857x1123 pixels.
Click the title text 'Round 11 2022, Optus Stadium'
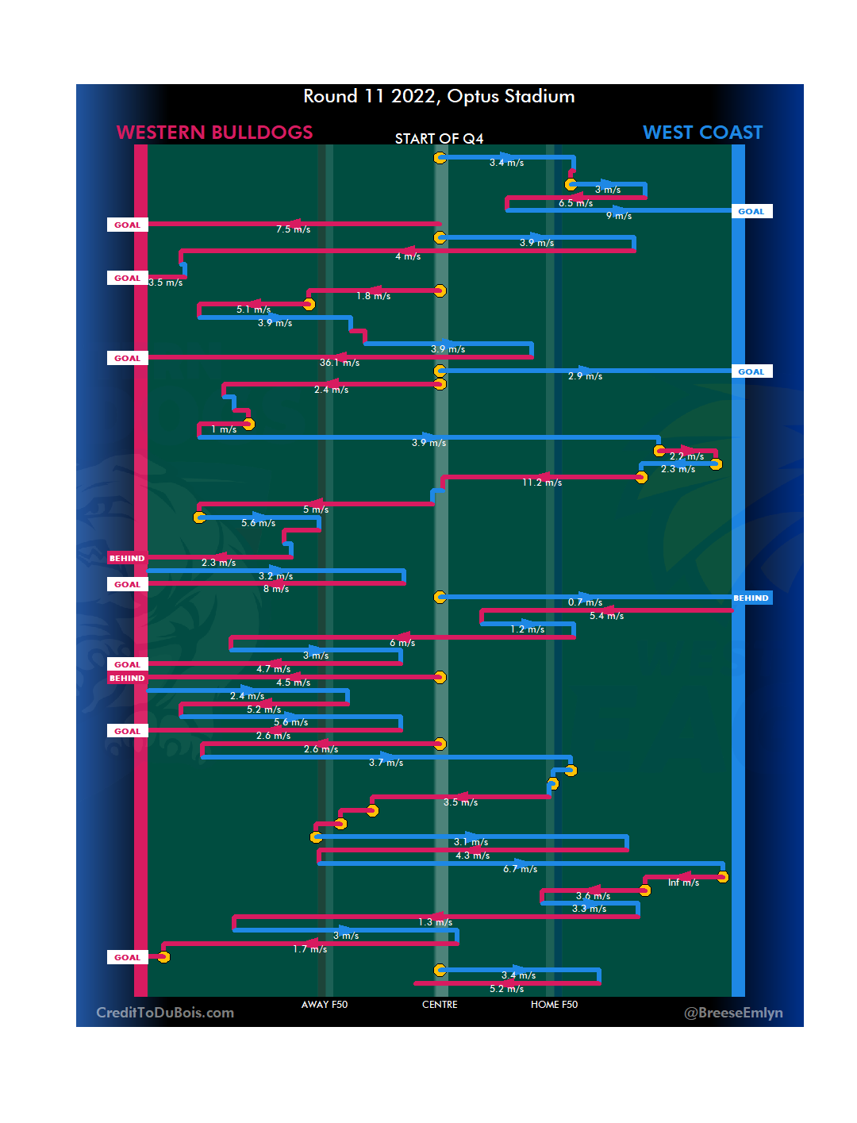click(x=439, y=97)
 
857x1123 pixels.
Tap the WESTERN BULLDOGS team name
click(x=214, y=133)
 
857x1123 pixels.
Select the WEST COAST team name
click(x=702, y=133)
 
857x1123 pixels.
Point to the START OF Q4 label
click(x=439, y=139)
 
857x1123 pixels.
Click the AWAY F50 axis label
click(x=325, y=1005)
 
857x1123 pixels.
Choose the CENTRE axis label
click(x=440, y=1005)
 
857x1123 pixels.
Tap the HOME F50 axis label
click(x=554, y=1005)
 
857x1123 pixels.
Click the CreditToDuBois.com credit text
click(x=165, y=1013)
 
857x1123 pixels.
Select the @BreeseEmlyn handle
click(x=733, y=1013)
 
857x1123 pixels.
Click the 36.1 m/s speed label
click(x=340, y=363)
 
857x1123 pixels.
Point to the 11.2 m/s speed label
click(x=542, y=483)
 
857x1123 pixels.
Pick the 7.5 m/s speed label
click(x=293, y=229)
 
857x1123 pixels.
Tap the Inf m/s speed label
click(x=683, y=883)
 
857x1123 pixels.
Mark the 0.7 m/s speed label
click(x=585, y=602)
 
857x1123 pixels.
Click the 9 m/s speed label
click(x=619, y=216)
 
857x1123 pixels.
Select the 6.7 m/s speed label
click(x=520, y=869)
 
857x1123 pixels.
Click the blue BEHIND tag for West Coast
click(x=751, y=598)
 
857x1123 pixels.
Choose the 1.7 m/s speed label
click(x=309, y=949)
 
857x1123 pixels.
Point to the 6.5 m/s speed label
click(x=575, y=203)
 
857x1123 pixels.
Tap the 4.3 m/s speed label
click(x=472, y=856)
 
